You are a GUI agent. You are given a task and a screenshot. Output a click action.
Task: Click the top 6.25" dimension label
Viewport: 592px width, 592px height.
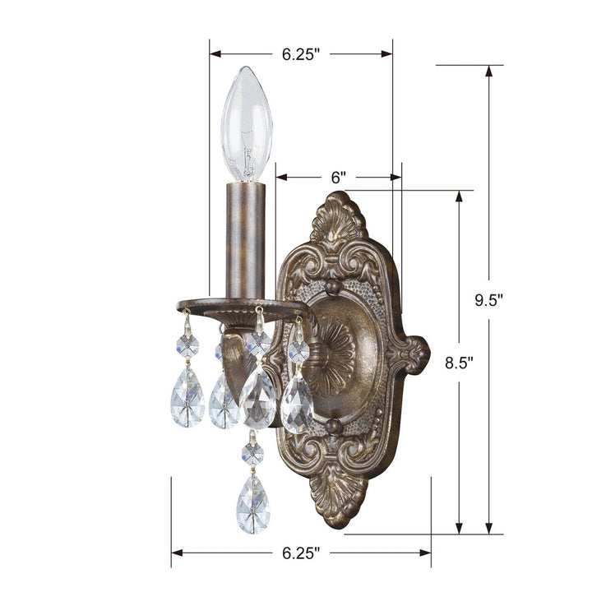pyautogui.click(x=300, y=54)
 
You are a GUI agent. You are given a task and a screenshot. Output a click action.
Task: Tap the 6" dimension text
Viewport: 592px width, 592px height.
pyautogui.click(x=338, y=177)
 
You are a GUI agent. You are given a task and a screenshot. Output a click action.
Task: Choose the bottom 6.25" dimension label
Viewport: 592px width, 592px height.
pyautogui.click(x=300, y=553)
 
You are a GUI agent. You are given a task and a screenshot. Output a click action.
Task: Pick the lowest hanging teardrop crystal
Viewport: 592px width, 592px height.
pyautogui.click(x=253, y=503)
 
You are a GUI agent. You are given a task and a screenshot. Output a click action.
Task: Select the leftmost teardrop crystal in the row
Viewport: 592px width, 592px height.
pyautogui.click(x=187, y=396)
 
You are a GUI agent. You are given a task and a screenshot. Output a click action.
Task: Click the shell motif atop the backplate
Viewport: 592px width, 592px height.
pyautogui.click(x=339, y=220)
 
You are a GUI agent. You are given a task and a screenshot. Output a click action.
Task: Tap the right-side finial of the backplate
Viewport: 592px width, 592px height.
pyautogui.click(x=411, y=354)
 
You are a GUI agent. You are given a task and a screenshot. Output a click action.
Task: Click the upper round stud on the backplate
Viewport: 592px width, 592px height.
pyautogui.click(x=332, y=287)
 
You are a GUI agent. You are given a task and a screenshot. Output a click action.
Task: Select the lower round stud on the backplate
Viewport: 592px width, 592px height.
pyautogui.click(x=332, y=426)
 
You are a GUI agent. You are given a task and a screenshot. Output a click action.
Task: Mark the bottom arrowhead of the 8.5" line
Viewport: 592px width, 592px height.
pyautogui.click(x=459, y=529)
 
